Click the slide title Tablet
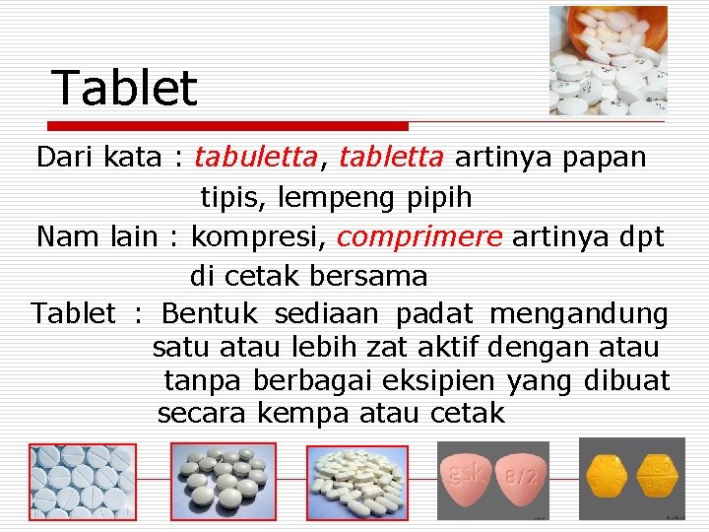click(124, 88)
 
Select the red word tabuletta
click(256, 158)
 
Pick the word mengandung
click(579, 314)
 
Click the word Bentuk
click(210, 314)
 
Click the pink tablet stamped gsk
click(466, 477)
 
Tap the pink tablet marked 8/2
click(520, 477)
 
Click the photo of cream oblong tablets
click(357, 482)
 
